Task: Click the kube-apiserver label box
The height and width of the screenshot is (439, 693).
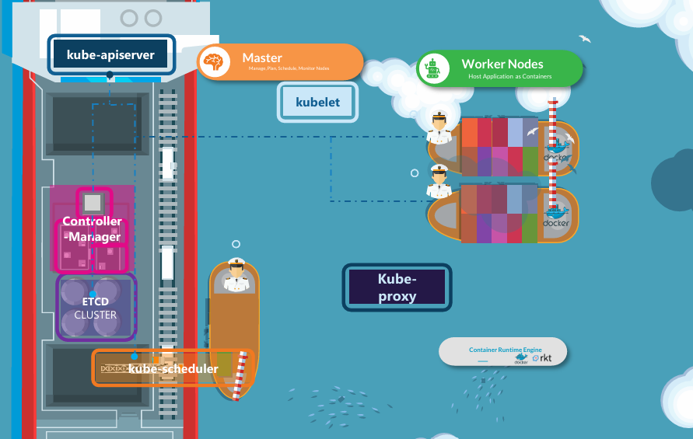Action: pyautogui.click(x=110, y=55)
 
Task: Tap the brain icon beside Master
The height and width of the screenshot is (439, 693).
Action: pyautogui.click(x=214, y=62)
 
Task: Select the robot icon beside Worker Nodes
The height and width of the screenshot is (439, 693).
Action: pyautogui.click(x=433, y=69)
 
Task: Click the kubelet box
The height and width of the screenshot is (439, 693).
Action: pyautogui.click(x=317, y=103)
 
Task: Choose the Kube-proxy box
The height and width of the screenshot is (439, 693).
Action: pyautogui.click(x=397, y=287)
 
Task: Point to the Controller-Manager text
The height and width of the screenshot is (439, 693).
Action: pyautogui.click(x=93, y=229)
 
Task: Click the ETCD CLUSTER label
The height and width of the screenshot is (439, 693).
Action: pyautogui.click(x=96, y=307)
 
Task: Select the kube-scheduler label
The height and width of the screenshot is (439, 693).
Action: pyautogui.click(x=173, y=368)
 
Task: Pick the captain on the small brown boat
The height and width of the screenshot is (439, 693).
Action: pyautogui.click(x=236, y=276)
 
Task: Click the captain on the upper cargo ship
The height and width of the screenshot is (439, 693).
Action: pyautogui.click(x=439, y=128)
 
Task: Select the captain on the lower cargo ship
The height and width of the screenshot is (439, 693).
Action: pyautogui.click(x=439, y=183)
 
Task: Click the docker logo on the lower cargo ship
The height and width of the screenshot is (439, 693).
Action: pyautogui.click(x=556, y=218)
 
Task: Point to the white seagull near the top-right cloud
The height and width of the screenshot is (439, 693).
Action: pyautogui.click(x=585, y=38)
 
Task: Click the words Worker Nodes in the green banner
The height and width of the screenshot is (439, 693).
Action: pyautogui.click(x=502, y=64)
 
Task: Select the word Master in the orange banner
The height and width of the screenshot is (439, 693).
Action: pyautogui.click(x=262, y=57)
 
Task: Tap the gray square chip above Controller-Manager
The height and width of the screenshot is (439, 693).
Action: pyautogui.click(x=93, y=204)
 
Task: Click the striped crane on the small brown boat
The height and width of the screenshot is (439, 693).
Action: pyautogui.click(x=243, y=376)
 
